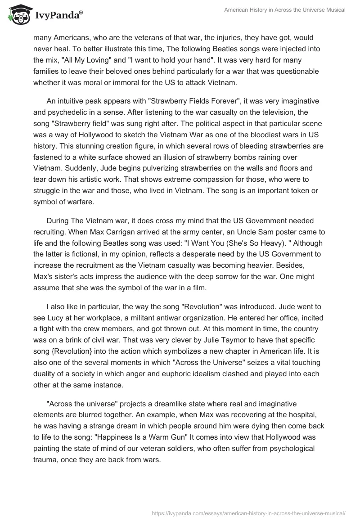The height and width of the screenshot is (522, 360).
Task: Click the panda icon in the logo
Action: point(17,15)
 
